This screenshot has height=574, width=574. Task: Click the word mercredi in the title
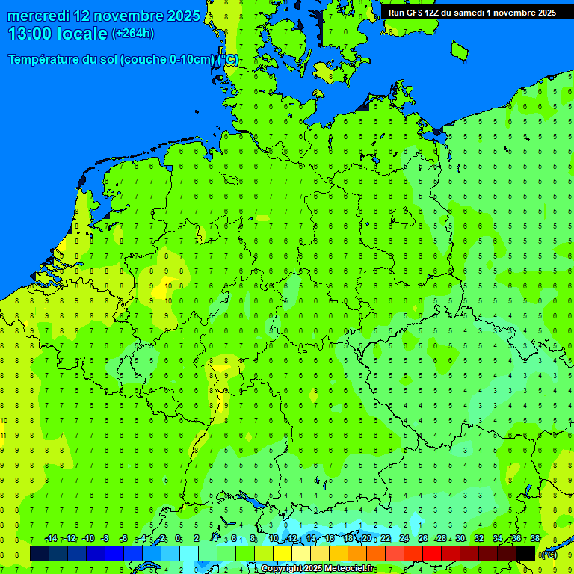pyautogui.click(x=38, y=16)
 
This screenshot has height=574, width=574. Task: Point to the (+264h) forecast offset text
pyautogui.click(x=133, y=34)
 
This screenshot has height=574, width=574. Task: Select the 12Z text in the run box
pyautogui.click(x=436, y=13)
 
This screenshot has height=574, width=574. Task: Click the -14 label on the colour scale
pyautogui.click(x=51, y=539)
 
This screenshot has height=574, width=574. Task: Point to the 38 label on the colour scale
pyautogui.click(x=535, y=539)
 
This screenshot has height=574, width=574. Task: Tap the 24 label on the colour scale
pyautogui.click(x=404, y=539)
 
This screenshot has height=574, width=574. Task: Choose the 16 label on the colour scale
pyautogui.click(x=330, y=539)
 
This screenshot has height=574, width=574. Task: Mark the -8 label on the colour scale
pyautogui.click(x=105, y=539)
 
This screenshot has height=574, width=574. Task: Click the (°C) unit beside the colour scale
pyautogui.click(x=549, y=555)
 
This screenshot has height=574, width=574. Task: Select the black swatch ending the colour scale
pyautogui.click(x=525, y=553)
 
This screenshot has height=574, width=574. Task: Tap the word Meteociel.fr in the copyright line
pyautogui.click(x=350, y=569)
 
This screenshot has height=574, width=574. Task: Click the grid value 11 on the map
pyautogui.click(x=4, y=435)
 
